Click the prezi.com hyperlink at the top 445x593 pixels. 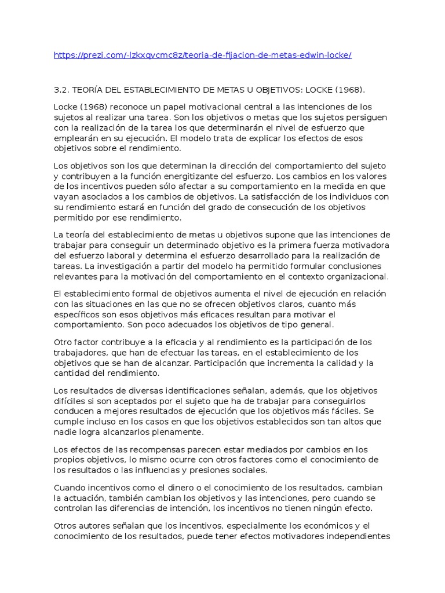click(202, 55)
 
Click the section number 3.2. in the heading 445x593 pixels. click(61, 90)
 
